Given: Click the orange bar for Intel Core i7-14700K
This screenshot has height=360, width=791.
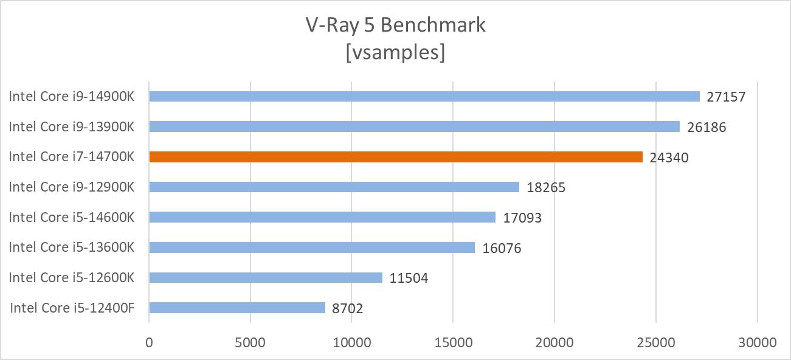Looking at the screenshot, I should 395,157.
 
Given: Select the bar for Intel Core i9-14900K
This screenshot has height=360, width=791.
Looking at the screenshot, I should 424,96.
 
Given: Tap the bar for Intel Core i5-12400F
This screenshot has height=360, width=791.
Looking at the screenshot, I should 237,308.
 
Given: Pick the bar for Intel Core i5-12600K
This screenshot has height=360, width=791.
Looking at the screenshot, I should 265,277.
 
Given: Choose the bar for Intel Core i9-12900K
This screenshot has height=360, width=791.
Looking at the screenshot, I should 334,187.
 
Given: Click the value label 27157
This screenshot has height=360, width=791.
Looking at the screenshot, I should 725,97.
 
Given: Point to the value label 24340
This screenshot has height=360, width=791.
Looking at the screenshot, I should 669,157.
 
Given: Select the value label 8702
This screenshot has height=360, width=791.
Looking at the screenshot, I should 347,308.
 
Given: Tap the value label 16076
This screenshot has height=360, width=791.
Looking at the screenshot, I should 502,248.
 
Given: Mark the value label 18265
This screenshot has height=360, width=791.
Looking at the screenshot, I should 546,187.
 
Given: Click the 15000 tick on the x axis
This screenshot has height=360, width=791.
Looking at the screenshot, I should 453,342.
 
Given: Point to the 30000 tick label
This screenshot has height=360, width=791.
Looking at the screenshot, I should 757,342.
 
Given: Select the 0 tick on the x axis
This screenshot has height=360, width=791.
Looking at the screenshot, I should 149,342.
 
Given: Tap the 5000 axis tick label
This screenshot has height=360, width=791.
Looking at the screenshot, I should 250,342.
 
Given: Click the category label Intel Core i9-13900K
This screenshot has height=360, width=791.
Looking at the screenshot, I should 71,126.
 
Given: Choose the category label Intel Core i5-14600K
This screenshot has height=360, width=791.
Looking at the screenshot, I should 71,217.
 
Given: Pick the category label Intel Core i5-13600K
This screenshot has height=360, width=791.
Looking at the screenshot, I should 71,247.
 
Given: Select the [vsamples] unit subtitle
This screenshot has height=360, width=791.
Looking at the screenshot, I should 395,52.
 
